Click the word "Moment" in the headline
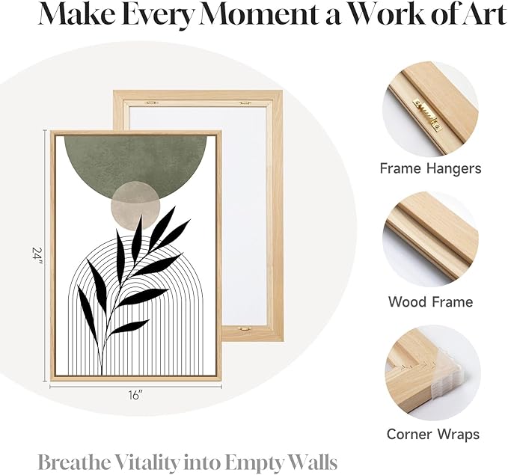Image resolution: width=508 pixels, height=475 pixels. [263, 14]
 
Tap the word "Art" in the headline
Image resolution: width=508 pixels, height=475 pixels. [483, 14]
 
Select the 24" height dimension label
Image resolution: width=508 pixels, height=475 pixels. [38, 256]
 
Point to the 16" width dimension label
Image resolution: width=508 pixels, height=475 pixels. [135, 395]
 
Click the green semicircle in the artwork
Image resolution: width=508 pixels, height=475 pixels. [135, 162]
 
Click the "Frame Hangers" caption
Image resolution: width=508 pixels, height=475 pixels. [431, 169]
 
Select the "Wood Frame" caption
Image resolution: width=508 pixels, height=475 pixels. [431, 302]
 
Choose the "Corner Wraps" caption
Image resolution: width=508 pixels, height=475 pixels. [433, 435]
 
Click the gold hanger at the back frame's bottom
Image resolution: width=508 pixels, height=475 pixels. [244, 328]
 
